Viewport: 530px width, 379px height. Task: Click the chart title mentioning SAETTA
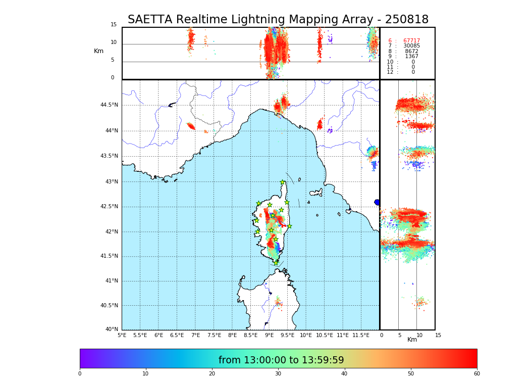click(278, 20)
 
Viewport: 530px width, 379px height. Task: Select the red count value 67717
click(411, 41)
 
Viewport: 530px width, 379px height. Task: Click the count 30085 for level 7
click(411, 46)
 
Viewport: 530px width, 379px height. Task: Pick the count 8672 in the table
click(411, 52)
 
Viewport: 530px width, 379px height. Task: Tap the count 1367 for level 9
click(411, 57)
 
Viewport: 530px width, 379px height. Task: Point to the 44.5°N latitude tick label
click(109, 105)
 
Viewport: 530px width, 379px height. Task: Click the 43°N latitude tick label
click(111, 181)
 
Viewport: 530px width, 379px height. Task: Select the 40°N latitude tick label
click(112, 329)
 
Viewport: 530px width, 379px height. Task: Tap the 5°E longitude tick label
click(122, 335)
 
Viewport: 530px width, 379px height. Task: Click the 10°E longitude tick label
click(306, 335)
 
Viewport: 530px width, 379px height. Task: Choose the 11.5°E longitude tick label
click(361, 335)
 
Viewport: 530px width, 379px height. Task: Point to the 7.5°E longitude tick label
click(214, 335)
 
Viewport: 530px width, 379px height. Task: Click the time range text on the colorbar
click(281, 360)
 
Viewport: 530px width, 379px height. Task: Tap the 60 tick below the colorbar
click(476, 374)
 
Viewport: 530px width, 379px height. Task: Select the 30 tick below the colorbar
click(278, 374)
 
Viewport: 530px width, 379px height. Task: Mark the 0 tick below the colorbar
click(80, 374)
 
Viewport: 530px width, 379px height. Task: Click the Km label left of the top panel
click(98, 51)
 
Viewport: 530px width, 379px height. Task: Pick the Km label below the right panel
click(412, 340)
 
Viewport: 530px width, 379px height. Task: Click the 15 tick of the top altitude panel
click(114, 25)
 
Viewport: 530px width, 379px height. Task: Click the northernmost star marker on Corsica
click(283, 182)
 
